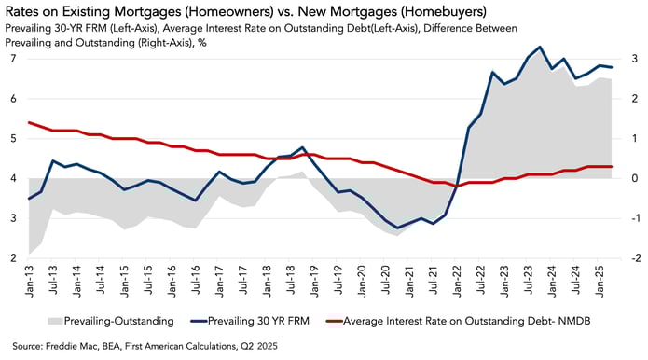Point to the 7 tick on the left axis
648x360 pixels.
click(x=13, y=59)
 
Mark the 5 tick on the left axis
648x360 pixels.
click(x=13, y=139)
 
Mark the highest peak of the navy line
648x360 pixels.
click(x=541, y=47)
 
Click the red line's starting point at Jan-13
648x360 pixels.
click(x=30, y=122)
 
